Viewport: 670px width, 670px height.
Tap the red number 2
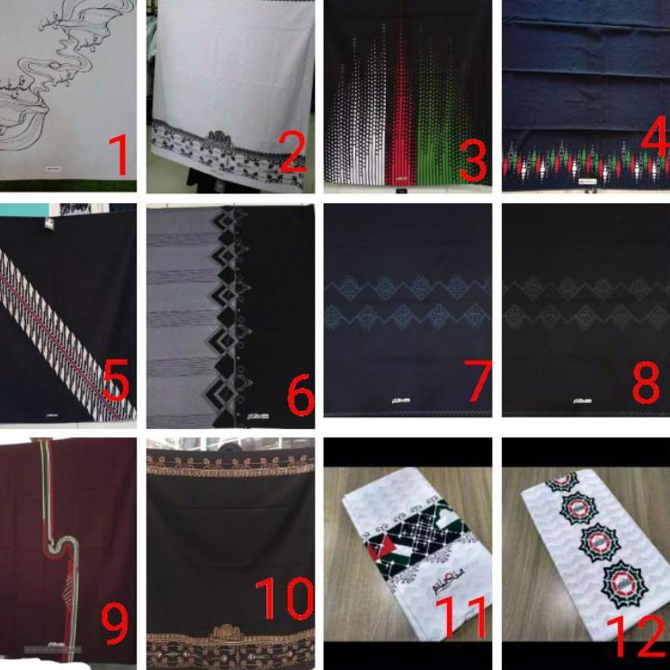(293, 148)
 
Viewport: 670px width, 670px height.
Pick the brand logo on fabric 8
(572, 398)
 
